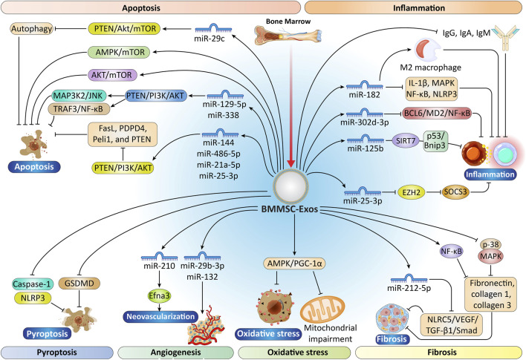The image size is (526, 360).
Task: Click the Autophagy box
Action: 32,29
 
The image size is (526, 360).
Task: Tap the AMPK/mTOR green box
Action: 119,52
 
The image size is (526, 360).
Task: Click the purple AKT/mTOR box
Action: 112,74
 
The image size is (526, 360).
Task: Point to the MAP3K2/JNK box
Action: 79,96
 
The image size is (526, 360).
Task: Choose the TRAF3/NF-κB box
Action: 79,108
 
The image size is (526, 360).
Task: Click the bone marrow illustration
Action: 288,35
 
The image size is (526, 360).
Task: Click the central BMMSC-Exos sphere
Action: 290,186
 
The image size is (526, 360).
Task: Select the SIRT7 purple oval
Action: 406,141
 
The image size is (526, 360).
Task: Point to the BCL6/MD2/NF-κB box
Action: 437,113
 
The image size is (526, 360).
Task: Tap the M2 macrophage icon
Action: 428,50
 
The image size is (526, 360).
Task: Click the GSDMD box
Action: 79,284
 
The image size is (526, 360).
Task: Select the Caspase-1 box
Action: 32,284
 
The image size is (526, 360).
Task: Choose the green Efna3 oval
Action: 159,295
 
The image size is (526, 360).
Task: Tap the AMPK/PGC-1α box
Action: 294,264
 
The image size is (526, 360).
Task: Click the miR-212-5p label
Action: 409,287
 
